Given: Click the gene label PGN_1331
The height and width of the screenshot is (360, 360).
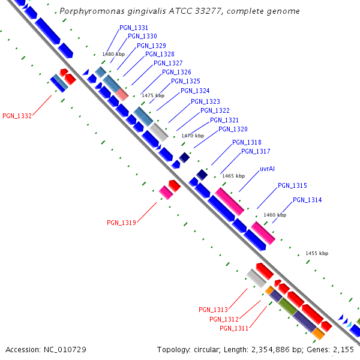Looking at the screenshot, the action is (134, 28).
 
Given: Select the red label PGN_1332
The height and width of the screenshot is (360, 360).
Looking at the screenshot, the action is (17, 116).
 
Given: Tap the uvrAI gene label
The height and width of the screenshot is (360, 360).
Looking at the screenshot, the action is (267, 169).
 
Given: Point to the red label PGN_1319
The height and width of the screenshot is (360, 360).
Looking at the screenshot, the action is (121, 223).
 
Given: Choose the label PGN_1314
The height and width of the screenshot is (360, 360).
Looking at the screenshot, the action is (307, 200).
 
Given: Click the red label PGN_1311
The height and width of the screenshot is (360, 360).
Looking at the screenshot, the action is (234, 328).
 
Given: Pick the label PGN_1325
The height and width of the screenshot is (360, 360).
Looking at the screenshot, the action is (185, 82).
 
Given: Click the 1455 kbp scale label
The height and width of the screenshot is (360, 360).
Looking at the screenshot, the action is (317, 254).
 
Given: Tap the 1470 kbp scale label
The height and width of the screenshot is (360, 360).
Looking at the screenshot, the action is (193, 136).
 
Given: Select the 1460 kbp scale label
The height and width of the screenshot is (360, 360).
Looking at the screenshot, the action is (275, 215).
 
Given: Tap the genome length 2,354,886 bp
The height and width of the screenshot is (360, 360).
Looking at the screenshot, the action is (273, 349).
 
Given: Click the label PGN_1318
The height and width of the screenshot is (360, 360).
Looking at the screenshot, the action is (247, 142).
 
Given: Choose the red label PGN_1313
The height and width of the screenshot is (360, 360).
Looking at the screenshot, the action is (213, 310).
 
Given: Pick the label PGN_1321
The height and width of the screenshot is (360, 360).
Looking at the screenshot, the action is (224, 121).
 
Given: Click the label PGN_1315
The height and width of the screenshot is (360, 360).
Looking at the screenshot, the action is (292, 186).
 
